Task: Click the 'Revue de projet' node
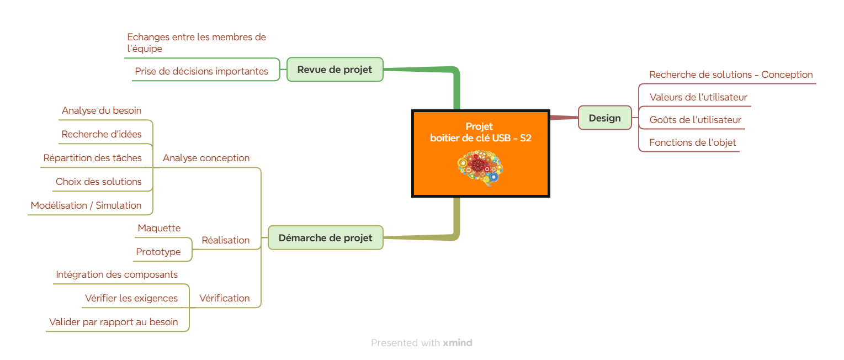(x=335, y=70)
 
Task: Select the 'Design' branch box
(x=605, y=118)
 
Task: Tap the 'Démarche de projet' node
(x=325, y=238)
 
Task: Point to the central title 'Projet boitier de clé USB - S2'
(x=480, y=132)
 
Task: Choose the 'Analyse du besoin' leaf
(x=102, y=110)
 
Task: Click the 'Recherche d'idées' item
(x=102, y=134)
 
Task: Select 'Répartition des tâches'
(x=92, y=158)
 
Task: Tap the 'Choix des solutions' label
(x=98, y=182)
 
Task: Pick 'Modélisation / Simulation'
(x=86, y=205)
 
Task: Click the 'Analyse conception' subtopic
(x=206, y=158)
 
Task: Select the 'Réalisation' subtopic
(x=225, y=240)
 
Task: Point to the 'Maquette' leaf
(x=159, y=228)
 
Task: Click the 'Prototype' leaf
(x=158, y=252)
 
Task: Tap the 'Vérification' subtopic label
(x=224, y=298)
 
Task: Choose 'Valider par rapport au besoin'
(x=113, y=322)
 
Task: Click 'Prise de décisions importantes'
(x=201, y=71)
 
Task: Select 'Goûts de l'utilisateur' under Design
(x=695, y=120)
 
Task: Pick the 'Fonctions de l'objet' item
(x=693, y=142)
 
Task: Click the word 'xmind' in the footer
(x=458, y=343)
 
